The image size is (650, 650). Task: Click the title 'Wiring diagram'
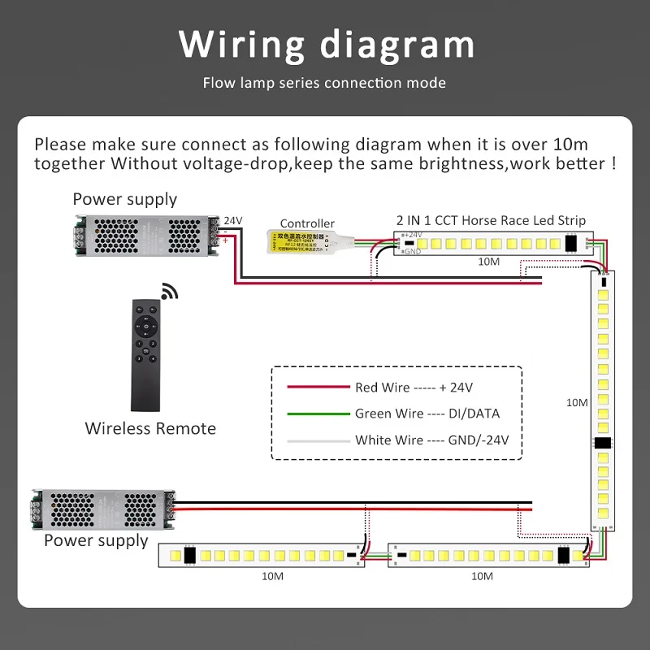tap(326, 44)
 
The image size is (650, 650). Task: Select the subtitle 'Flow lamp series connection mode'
tap(324, 83)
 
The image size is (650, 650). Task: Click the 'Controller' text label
tap(307, 223)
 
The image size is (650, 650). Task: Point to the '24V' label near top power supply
tap(232, 220)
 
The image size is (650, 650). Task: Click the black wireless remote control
tap(150, 354)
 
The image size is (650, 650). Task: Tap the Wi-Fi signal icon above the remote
tap(169, 291)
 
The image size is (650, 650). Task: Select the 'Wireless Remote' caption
tap(150, 428)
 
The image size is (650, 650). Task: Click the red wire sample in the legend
tap(316, 388)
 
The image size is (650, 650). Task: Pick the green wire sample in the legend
tap(316, 414)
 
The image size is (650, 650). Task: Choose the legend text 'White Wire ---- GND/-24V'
tap(427, 440)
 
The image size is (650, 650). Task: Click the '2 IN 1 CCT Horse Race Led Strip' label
tap(491, 220)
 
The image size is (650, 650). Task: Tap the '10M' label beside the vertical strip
tap(577, 402)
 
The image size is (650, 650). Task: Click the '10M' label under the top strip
tap(489, 262)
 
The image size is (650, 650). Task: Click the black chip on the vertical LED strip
tap(603, 444)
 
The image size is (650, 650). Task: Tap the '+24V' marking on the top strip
tap(414, 235)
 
